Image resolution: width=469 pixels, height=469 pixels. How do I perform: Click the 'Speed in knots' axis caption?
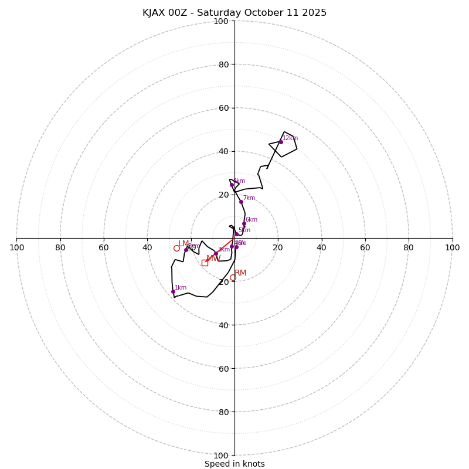point(235,464)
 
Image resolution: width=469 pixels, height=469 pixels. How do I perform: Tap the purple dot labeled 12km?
point(281,142)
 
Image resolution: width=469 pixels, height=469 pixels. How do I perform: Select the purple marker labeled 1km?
point(173,291)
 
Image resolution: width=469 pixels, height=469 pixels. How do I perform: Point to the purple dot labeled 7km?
point(241,202)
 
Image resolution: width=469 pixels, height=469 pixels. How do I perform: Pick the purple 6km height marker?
point(244,223)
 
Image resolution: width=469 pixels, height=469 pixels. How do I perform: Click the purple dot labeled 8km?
point(232,185)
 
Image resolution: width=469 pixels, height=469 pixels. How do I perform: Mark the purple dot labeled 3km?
point(216,253)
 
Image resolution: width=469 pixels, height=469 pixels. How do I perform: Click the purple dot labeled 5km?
point(236,234)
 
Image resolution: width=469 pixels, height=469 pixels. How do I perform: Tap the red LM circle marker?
point(176,248)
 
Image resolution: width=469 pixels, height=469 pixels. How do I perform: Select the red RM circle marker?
point(233,278)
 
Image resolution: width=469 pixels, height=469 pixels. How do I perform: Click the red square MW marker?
point(205,263)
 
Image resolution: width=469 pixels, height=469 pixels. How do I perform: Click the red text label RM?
point(241,273)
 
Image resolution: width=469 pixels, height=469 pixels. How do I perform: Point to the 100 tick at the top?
point(221,21)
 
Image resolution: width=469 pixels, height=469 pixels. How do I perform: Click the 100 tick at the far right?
point(452,247)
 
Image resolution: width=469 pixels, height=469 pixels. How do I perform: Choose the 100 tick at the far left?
point(17,247)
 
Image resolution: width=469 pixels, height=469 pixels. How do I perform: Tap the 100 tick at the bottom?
point(221,456)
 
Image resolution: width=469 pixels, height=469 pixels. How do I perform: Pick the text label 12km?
point(290,138)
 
